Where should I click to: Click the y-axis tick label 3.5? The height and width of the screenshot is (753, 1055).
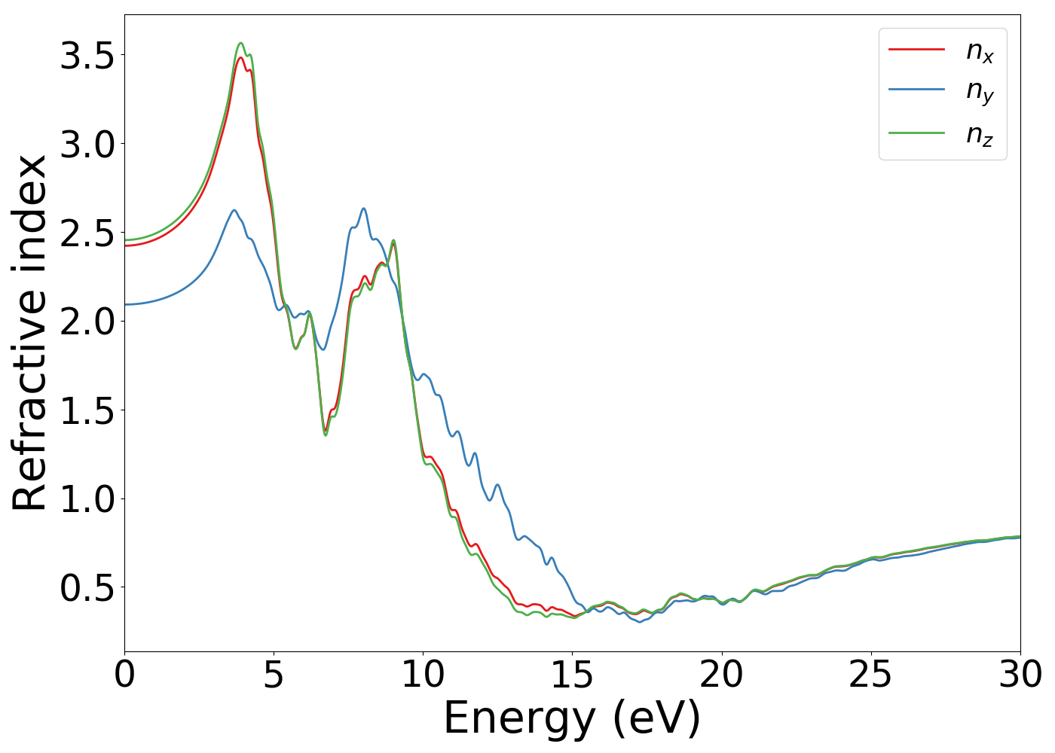[x=87, y=56]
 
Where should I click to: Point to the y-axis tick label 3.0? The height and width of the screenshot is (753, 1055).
[x=87, y=144]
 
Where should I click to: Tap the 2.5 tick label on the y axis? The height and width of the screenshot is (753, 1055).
[x=87, y=233]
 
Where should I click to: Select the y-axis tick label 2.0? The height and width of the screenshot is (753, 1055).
[x=87, y=322]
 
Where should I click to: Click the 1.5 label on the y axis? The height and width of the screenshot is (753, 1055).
[x=87, y=410]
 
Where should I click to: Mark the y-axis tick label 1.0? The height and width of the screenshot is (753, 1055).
[x=87, y=498]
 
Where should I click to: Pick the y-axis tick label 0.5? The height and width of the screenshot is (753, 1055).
[x=87, y=587]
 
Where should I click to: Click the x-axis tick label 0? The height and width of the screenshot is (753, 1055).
[x=125, y=675]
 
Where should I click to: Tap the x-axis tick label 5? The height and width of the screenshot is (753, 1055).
[x=274, y=675]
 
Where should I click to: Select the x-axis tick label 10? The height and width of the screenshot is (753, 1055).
[x=424, y=675]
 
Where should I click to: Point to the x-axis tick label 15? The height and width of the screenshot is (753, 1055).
[x=573, y=675]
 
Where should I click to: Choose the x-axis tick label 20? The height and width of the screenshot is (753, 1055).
[x=722, y=675]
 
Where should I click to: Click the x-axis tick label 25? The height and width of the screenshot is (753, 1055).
[x=871, y=675]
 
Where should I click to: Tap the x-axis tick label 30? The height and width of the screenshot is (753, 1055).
[x=1020, y=675]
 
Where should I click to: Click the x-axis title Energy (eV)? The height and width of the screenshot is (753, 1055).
[x=573, y=718]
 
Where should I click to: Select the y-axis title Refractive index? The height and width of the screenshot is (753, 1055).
[x=30, y=333]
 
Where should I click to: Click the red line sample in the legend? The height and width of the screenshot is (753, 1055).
[x=916, y=49]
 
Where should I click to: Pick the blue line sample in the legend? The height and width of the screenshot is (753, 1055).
[x=916, y=90]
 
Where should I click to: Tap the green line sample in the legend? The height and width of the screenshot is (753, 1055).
[x=916, y=133]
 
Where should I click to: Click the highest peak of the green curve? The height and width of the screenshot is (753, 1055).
[x=241, y=43]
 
